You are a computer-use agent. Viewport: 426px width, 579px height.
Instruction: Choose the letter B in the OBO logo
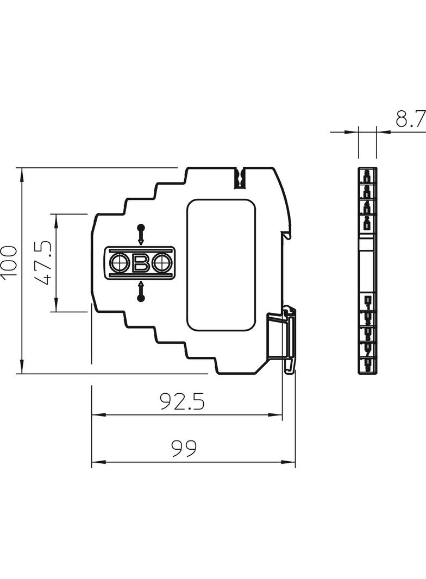[x=141, y=264]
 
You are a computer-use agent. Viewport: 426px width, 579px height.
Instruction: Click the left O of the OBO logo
[x=119, y=264]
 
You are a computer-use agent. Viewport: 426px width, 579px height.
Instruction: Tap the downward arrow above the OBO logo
[x=141, y=235]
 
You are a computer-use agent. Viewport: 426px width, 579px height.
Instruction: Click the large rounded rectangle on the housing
[x=221, y=265]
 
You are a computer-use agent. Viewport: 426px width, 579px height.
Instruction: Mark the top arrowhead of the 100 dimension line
[x=22, y=173]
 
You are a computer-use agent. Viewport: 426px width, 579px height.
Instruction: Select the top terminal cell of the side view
[x=368, y=175]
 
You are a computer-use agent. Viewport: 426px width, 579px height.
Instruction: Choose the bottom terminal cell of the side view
[x=368, y=367]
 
